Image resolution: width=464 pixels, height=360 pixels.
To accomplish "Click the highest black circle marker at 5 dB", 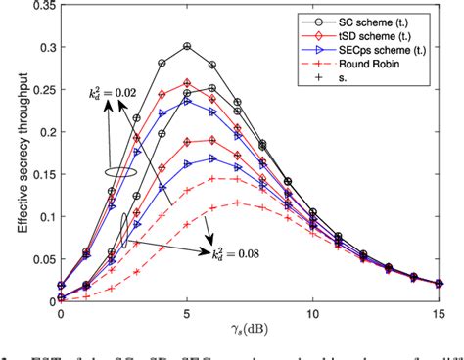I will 187,46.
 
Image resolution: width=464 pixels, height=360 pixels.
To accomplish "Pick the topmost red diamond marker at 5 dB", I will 187,83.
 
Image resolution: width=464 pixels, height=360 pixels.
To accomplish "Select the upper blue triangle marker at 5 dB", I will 187,100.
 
